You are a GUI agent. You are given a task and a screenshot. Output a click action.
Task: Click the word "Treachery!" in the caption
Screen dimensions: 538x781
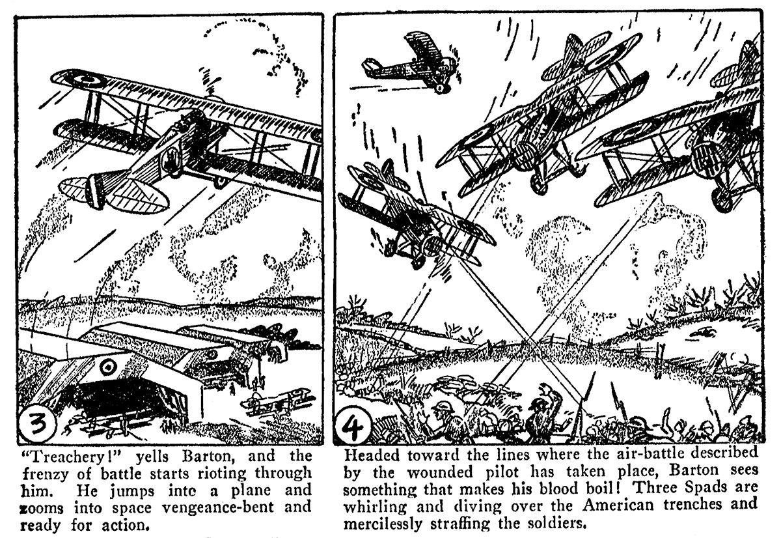(x=58, y=455)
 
